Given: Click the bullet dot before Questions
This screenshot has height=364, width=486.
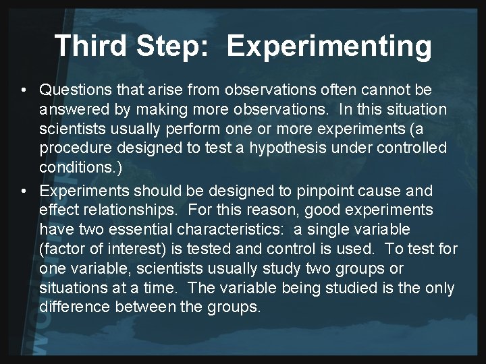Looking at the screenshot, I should pyautogui.click(x=24, y=90).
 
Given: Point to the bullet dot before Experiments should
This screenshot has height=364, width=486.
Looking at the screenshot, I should pyautogui.click(x=24, y=192).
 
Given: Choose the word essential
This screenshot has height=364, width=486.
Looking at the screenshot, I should pyautogui.click(x=130, y=231).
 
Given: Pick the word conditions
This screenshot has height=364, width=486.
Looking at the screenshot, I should pyautogui.click(x=71, y=166).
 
